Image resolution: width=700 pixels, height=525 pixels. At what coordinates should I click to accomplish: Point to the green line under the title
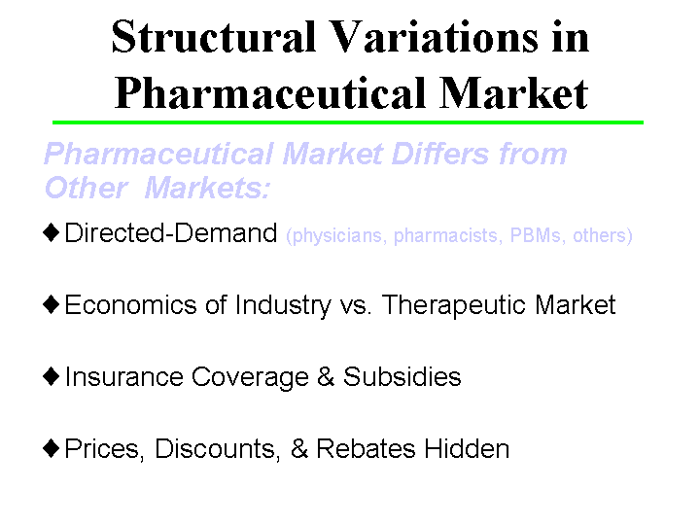(x=348, y=122)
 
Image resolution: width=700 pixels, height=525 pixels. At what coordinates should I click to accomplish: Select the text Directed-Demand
(x=171, y=234)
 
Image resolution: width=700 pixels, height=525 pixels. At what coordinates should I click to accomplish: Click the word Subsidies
(x=402, y=377)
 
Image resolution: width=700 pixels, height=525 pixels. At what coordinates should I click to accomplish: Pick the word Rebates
(x=366, y=449)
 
